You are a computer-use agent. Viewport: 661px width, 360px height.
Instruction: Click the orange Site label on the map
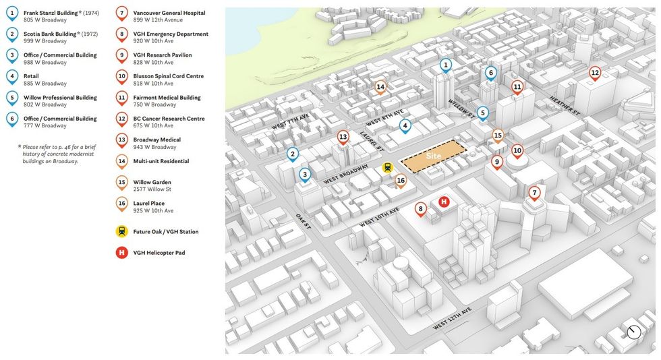click(x=434, y=156)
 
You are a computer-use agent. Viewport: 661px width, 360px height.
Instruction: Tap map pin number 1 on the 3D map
click(x=445, y=65)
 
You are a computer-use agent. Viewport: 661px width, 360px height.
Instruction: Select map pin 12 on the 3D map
click(x=594, y=73)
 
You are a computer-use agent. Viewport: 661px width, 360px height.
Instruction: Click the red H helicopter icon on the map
click(x=444, y=202)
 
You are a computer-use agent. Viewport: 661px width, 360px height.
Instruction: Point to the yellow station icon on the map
click(x=387, y=167)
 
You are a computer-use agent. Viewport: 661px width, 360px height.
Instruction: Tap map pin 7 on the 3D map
click(x=534, y=193)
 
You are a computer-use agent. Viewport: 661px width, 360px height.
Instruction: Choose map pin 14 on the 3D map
click(x=380, y=86)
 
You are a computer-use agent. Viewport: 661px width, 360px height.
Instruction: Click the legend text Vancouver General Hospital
click(x=169, y=13)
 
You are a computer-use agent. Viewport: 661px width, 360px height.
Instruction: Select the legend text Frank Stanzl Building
click(x=51, y=13)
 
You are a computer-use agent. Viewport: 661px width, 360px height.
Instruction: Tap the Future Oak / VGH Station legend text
click(x=166, y=232)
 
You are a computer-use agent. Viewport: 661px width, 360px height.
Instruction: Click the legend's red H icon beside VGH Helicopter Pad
click(x=121, y=253)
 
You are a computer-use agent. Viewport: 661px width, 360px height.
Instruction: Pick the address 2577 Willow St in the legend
click(x=152, y=189)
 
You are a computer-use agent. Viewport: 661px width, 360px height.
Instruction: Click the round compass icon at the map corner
click(x=633, y=332)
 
